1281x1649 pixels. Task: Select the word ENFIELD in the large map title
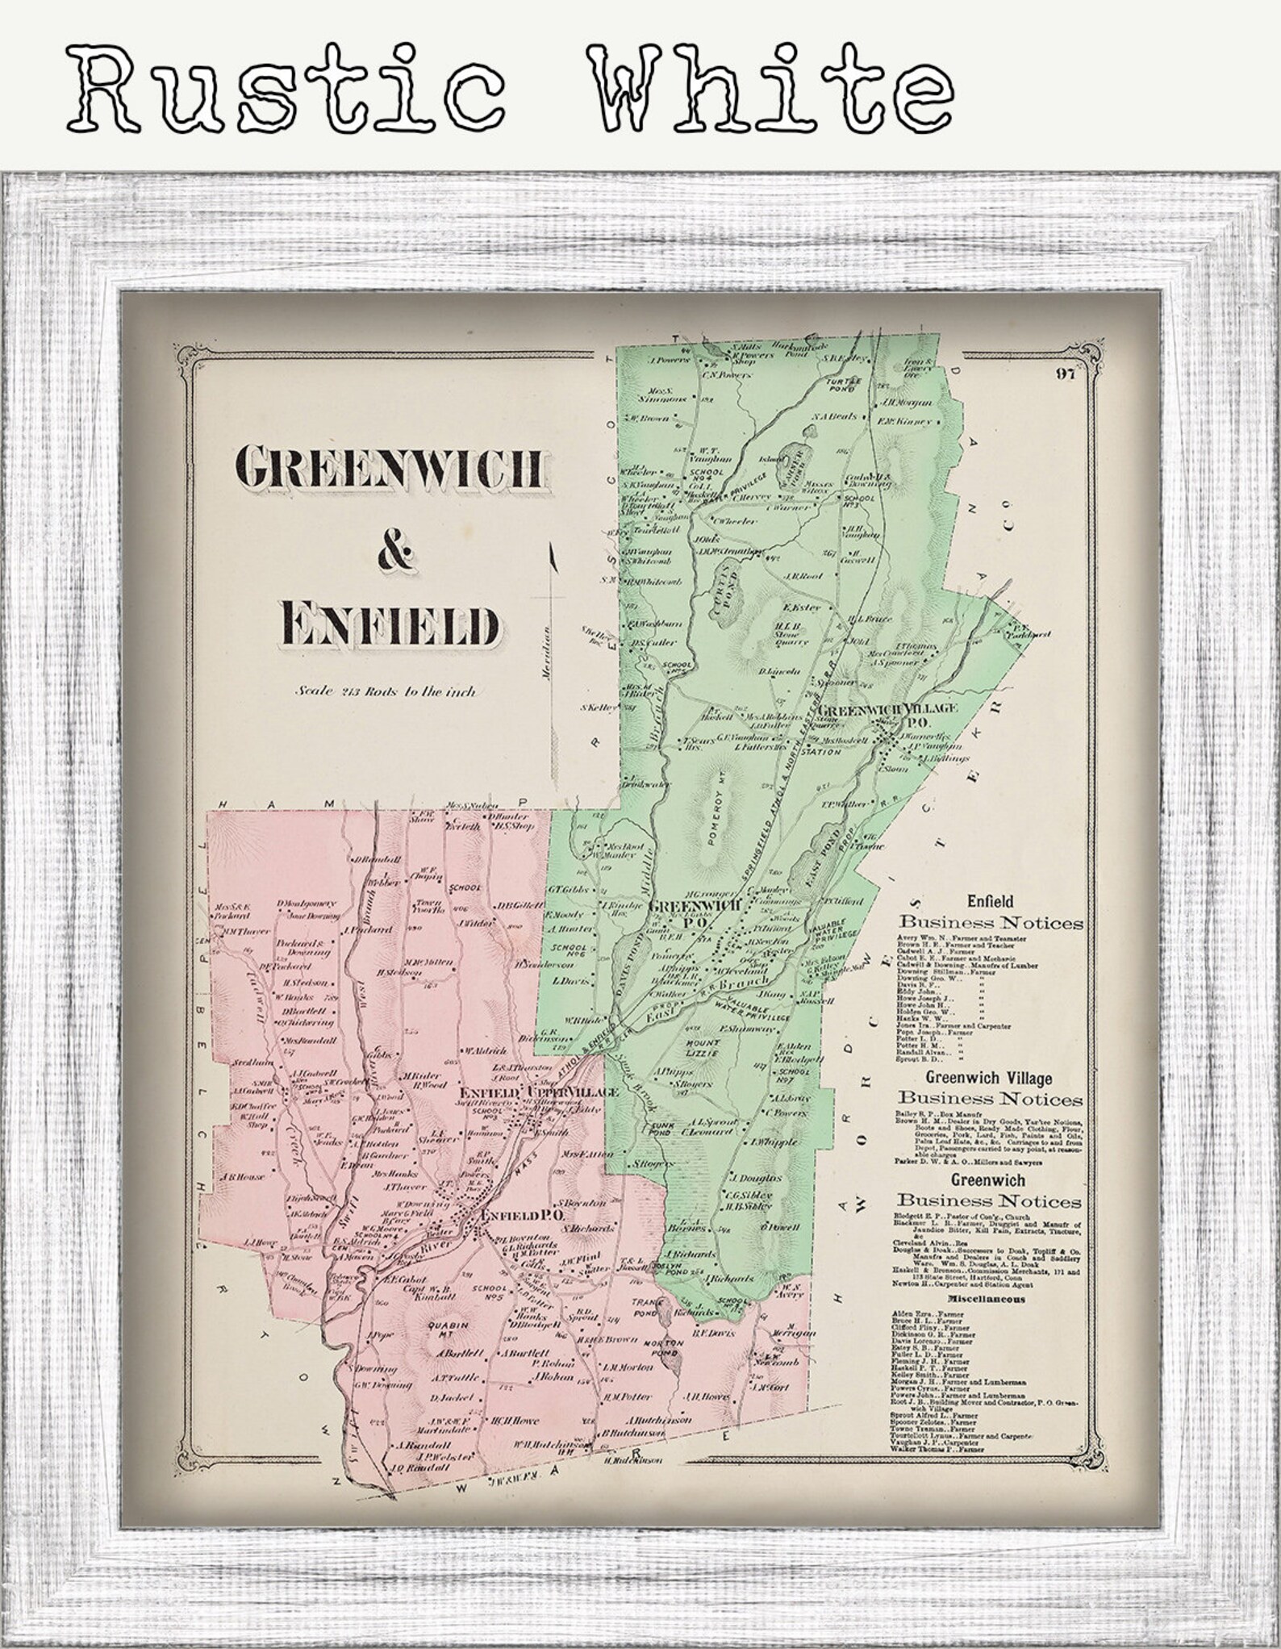pyautogui.click(x=390, y=624)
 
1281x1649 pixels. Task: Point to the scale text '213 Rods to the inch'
pyautogui.click(x=385, y=691)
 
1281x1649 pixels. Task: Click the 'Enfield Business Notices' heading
pyautogui.click(x=991, y=913)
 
